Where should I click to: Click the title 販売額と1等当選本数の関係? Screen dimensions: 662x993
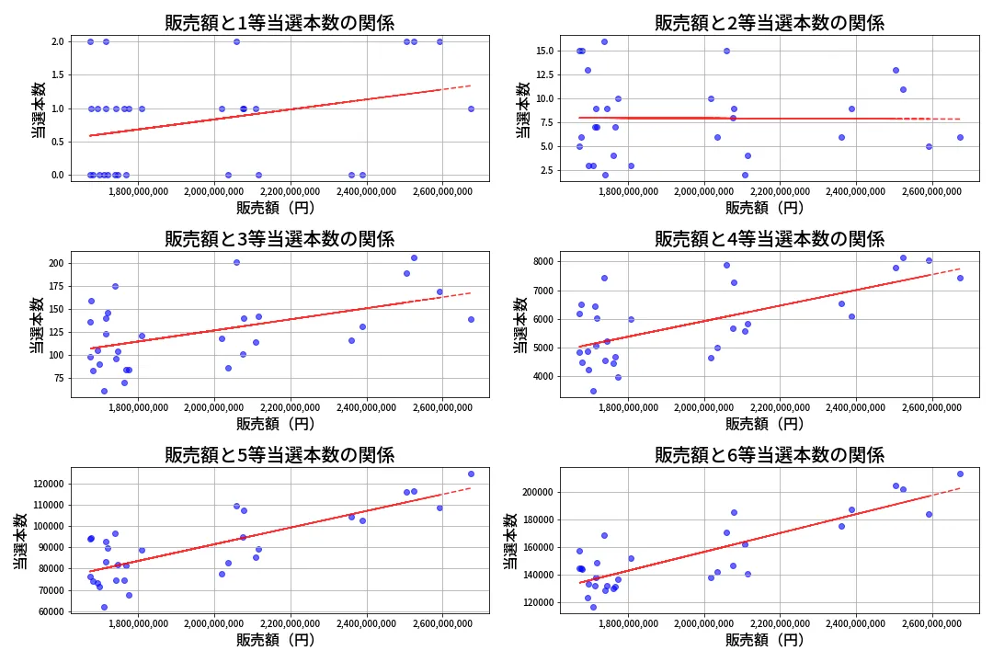click(x=280, y=23)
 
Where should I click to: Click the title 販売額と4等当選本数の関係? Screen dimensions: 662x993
click(x=769, y=239)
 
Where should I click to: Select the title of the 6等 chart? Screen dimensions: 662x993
click(x=769, y=455)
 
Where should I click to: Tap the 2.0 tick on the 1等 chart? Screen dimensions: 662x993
click(x=57, y=41)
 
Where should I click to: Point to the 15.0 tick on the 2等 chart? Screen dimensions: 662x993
click(x=542, y=51)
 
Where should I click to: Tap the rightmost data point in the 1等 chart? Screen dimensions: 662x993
click(x=471, y=108)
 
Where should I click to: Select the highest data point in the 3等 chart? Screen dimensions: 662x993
click(x=414, y=257)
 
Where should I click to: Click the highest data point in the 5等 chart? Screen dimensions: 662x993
click(x=471, y=474)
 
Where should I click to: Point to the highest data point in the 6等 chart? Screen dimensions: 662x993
click(x=960, y=474)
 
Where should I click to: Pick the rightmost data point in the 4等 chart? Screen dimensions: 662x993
click(x=960, y=278)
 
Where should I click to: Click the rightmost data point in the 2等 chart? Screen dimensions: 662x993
click(x=960, y=137)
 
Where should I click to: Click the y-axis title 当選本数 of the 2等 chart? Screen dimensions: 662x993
click(x=522, y=110)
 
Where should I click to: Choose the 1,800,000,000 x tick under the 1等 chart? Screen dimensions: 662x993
click(x=138, y=193)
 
